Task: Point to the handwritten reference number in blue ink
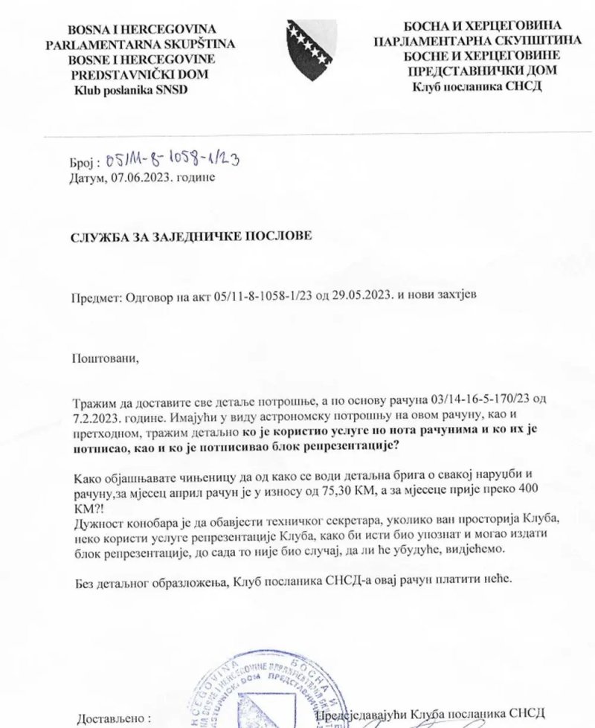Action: pyautogui.click(x=171, y=160)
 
